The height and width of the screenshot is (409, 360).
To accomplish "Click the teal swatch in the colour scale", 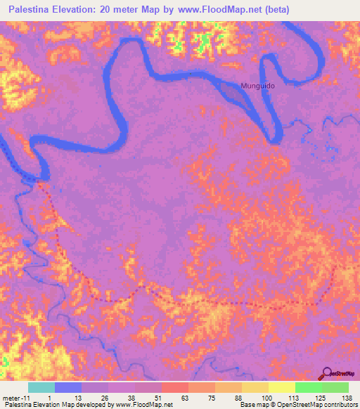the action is click(x=41, y=387).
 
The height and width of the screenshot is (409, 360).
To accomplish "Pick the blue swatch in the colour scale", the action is click(x=68, y=387).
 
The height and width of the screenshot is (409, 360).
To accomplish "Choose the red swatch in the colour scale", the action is click(x=175, y=387).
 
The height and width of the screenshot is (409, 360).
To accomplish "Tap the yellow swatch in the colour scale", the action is click(x=282, y=387).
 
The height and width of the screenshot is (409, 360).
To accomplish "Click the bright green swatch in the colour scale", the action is click(x=309, y=387).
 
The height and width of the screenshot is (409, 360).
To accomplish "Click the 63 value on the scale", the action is click(x=185, y=397).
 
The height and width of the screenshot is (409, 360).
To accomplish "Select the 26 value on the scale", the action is click(x=105, y=397).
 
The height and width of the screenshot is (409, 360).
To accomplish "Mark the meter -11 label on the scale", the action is click(x=14, y=397).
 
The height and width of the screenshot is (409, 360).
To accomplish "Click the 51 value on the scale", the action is click(x=158, y=397).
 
